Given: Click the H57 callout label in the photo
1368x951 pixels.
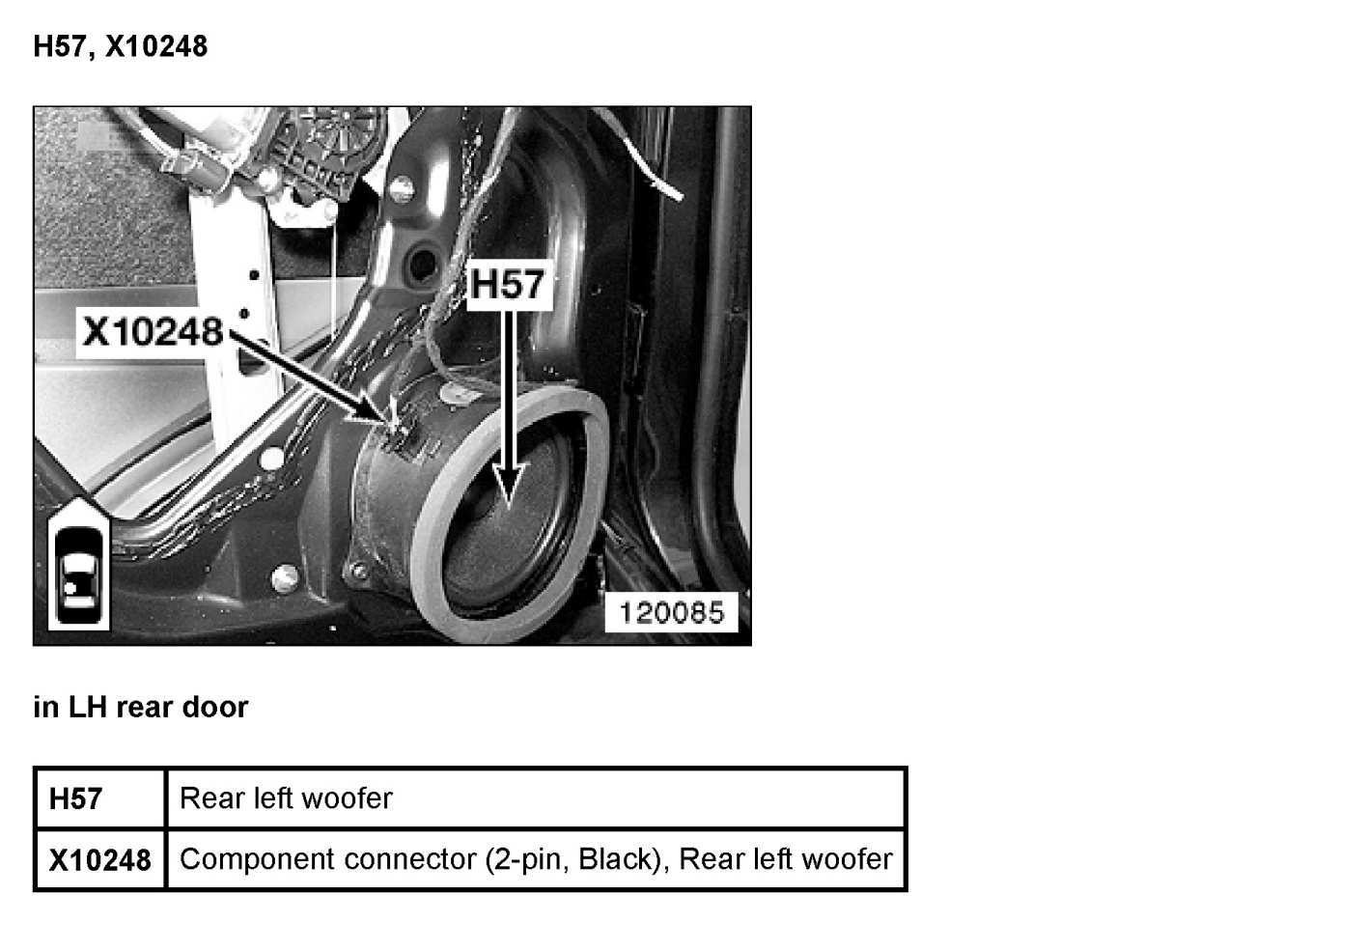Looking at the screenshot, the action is pos(508,285).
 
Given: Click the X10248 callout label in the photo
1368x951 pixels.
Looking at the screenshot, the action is pos(152,331).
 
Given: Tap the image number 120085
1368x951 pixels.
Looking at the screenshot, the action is pos(671,612).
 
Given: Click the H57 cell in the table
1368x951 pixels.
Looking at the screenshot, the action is pos(75,798).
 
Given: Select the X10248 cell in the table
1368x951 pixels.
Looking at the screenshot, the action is pos(99,859).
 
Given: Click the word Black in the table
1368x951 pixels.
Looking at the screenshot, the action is pos(617,859).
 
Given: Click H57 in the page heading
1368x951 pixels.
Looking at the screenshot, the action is pos(60,46).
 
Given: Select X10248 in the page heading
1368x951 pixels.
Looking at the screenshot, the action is pos(156,46).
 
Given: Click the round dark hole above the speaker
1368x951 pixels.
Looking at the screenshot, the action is pos(421,260).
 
